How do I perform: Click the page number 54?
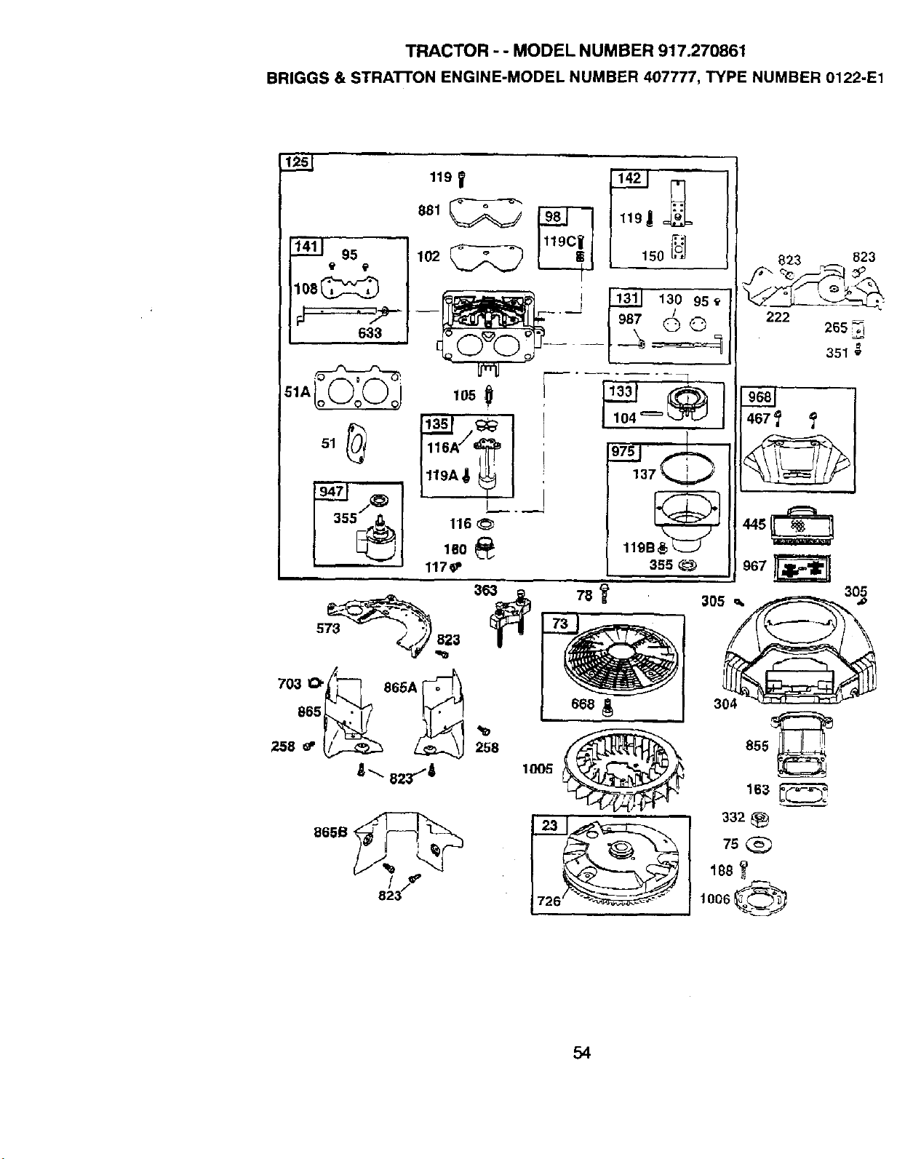point(581,1052)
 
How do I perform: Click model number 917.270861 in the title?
point(701,51)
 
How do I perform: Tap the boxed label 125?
point(296,162)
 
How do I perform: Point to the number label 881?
point(428,210)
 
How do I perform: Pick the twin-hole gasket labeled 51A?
point(359,391)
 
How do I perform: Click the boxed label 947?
point(330,491)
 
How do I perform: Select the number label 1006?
point(714,899)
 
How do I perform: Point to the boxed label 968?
point(758,397)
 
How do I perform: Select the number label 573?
point(328,629)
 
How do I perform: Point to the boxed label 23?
point(549,826)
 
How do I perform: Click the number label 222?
point(777,316)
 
